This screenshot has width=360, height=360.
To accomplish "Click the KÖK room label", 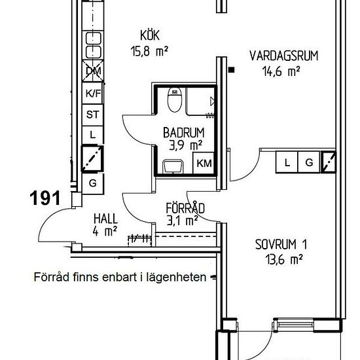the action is [x=150, y=35].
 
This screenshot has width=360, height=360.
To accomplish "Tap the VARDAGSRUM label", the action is [x=284, y=56].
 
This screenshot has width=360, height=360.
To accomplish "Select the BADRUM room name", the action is [x=184, y=132].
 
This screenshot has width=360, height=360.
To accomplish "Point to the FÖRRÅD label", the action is [x=185, y=208].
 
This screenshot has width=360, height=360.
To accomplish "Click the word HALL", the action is [x=106, y=219].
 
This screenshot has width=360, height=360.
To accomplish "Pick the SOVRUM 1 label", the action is [x=281, y=244].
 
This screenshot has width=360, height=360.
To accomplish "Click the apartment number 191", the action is [x=45, y=198].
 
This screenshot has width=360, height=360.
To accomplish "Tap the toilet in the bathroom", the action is [x=175, y=99].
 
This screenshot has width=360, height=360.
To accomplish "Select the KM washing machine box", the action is [x=204, y=163].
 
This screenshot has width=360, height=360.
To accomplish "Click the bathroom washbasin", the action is [x=173, y=166].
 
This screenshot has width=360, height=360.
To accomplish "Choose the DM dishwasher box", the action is [x=93, y=71].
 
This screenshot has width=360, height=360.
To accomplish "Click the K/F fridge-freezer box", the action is [x=92, y=93].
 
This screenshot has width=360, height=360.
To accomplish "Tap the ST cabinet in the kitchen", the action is [x=92, y=115].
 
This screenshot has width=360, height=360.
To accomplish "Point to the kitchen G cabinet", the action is [x=93, y=183].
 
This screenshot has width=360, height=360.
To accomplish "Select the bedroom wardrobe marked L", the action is [x=287, y=162].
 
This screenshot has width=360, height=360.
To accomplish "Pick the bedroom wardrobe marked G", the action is [x=309, y=162].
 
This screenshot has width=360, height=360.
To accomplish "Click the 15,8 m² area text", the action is [x=149, y=51].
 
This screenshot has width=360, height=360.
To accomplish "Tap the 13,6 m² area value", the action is [x=284, y=260].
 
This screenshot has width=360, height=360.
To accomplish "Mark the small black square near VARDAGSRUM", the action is [x=232, y=70].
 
